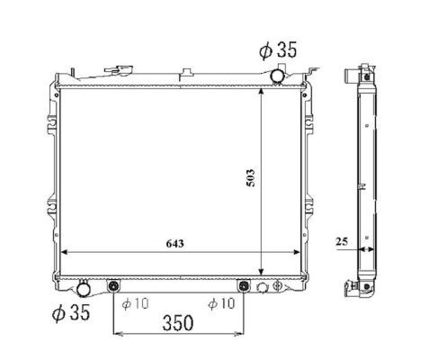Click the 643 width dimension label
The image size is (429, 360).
point(174,243)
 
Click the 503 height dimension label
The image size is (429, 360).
point(251,178)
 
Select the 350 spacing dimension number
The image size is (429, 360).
point(178,323)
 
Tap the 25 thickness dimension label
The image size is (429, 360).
point(342,241)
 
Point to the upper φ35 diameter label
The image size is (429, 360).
point(278,49)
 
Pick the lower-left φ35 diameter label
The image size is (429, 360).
point(71,312)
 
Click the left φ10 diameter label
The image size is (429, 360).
point(135,304)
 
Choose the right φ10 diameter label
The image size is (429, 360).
point(221,303)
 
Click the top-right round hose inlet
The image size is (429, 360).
point(277,75)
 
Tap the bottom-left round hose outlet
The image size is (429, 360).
point(84,289)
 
